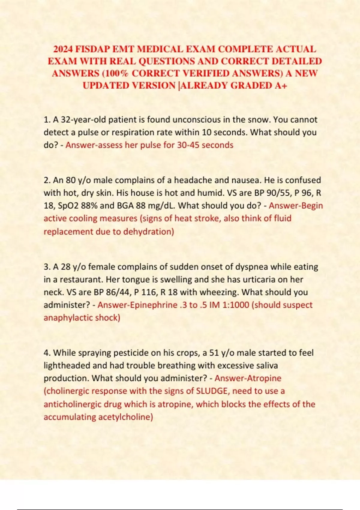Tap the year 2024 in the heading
(x=63, y=49)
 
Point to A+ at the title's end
(x=281, y=85)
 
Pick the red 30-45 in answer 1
(x=188, y=145)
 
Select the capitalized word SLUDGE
(x=211, y=391)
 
